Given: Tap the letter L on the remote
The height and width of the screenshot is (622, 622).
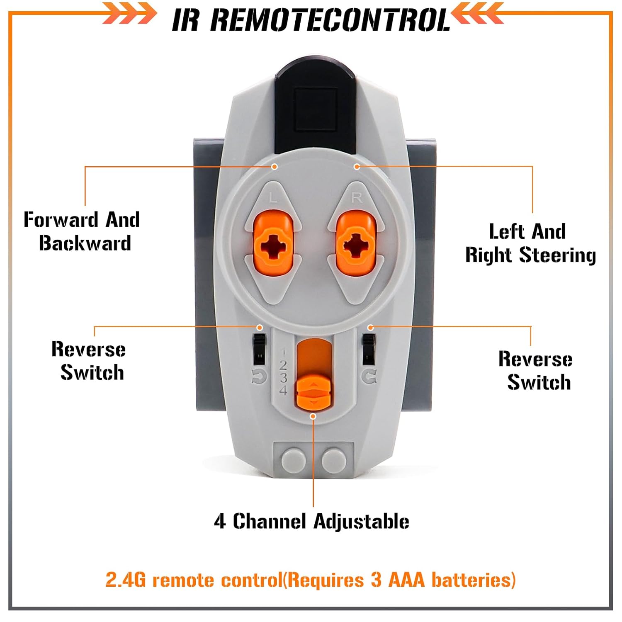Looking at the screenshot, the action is coord(272,198).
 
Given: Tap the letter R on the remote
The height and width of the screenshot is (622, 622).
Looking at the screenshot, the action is coord(357,197).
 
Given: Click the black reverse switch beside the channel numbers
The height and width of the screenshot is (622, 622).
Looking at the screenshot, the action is coord(259,348).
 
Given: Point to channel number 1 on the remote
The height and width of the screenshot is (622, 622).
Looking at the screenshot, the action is coord(284,352).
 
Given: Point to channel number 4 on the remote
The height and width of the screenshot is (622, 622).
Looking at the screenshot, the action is coord(283,390).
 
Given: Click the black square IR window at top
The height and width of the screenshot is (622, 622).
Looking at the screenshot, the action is coord(314,109).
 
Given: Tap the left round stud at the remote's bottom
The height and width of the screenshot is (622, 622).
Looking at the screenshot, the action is coord(294,459).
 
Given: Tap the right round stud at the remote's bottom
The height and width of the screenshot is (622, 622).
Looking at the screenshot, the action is coord(334,459).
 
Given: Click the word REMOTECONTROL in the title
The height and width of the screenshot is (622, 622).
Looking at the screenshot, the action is coord(330,19).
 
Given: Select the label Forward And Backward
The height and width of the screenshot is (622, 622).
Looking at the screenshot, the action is coord(82,231).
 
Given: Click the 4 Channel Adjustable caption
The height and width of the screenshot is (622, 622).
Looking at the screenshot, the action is coord(311,522).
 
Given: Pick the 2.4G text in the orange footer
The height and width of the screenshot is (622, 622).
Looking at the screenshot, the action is coord(126,580).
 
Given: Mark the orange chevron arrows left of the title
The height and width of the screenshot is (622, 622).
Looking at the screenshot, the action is coord(130,13).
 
